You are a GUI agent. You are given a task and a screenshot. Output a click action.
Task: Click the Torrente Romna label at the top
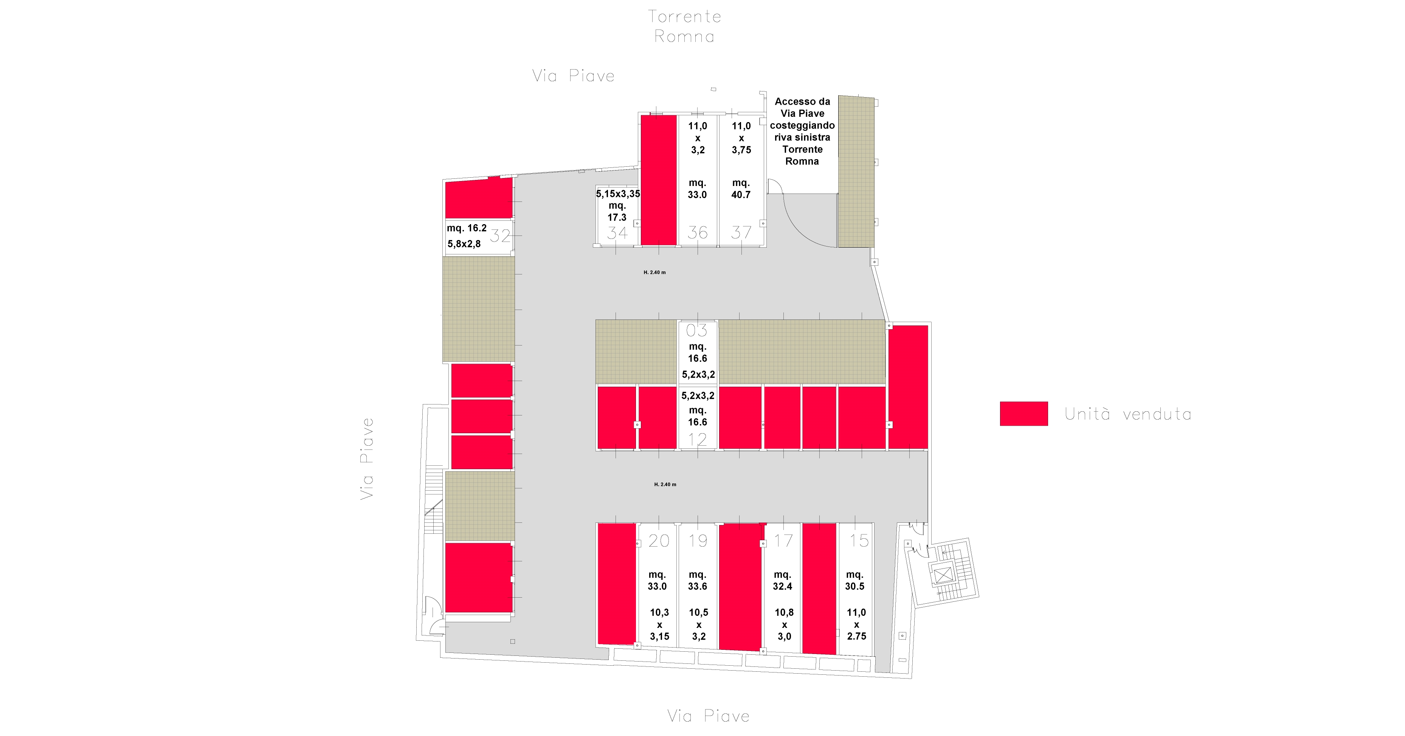[x=684, y=26]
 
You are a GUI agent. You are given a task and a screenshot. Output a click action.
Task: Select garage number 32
[x=500, y=236]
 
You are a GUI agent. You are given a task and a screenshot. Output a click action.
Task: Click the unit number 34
[x=617, y=233]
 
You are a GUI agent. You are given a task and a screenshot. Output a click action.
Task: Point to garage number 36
[x=698, y=233]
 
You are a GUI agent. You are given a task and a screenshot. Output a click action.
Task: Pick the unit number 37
[x=741, y=233]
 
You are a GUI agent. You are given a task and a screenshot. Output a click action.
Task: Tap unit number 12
[x=697, y=439]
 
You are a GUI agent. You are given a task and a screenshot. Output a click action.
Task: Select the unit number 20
[x=659, y=541]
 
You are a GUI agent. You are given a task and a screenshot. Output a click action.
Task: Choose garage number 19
[x=698, y=541]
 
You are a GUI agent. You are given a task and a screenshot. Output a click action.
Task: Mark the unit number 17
[x=783, y=541]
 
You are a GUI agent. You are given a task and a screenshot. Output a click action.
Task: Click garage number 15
[x=859, y=541]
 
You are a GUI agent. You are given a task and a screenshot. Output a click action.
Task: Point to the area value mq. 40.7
[x=741, y=189]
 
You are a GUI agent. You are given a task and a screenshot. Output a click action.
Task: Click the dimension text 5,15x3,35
[x=618, y=194]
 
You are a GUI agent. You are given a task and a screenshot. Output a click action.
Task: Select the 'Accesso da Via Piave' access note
[x=802, y=131]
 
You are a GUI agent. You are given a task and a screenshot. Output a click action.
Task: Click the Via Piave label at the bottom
[x=709, y=716]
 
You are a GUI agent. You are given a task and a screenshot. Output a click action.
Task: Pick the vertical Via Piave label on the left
[x=367, y=459]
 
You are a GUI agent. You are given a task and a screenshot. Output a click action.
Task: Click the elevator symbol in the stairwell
[x=943, y=575]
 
